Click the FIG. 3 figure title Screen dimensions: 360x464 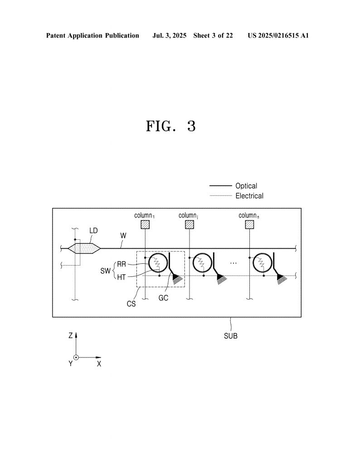pyautogui.click(x=171, y=126)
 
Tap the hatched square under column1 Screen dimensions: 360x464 pyautogui.click(x=145, y=225)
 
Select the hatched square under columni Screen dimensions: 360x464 pyautogui.click(x=190, y=225)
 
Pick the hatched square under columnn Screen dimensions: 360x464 pyautogui.click(x=249, y=225)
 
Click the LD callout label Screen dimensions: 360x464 pyautogui.click(x=93, y=231)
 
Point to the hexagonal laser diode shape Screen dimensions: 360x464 pyautogui.click(x=84, y=248)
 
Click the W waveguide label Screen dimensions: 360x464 pyautogui.click(x=123, y=236)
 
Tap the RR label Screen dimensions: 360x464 pyautogui.click(x=122, y=264)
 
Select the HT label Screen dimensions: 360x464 pyautogui.click(x=122, y=277)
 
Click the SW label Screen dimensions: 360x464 pyautogui.click(x=105, y=271)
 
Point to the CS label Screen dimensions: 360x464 pyautogui.click(x=131, y=304)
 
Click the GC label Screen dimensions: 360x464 pyautogui.click(x=163, y=298)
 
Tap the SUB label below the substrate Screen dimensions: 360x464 pyautogui.click(x=231, y=336)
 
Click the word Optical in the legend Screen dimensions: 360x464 pyautogui.click(x=246, y=186)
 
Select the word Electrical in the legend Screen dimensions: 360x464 pyautogui.click(x=249, y=196)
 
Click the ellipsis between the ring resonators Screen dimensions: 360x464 pyautogui.click(x=234, y=263)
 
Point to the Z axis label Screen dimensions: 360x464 pyautogui.click(x=70, y=336)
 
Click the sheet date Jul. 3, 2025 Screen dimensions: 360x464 pyautogui.click(x=169, y=35)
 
